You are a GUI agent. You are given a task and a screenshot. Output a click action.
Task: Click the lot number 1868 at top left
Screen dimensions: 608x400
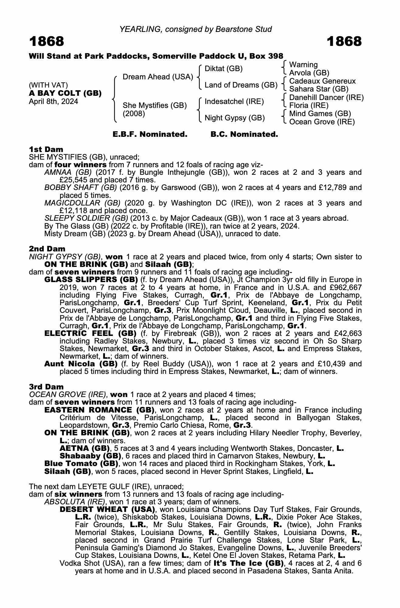point(47,41)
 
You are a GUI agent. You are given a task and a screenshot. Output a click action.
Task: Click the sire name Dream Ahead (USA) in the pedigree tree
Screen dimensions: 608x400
point(158,77)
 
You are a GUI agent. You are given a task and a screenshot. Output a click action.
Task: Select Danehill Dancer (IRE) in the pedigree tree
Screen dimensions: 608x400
point(326,97)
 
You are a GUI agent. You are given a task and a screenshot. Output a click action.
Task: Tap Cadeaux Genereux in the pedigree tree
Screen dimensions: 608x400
point(322,81)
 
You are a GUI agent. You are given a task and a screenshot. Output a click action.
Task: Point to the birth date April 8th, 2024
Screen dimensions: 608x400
point(53,102)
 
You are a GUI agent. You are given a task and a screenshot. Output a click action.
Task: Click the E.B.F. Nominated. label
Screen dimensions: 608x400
point(150,134)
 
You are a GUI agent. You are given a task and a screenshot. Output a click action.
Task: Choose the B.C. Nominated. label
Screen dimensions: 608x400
point(244,134)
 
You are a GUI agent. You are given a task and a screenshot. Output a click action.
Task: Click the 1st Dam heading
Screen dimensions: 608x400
point(46,149)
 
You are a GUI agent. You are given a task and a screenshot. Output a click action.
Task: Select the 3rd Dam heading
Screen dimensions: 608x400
point(46,387)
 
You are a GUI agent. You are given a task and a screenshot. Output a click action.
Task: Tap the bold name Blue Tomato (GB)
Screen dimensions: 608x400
point(81,464)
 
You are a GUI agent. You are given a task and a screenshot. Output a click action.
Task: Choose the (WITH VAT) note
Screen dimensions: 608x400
point(48,85)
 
